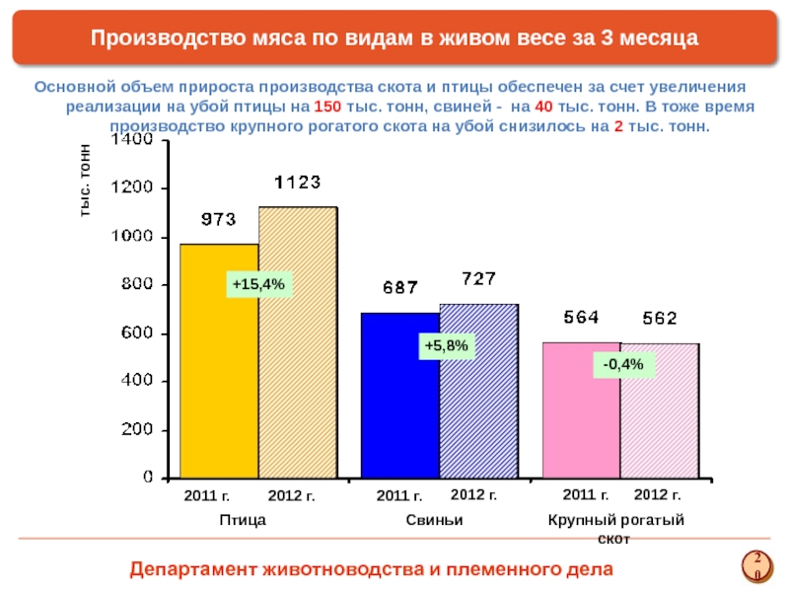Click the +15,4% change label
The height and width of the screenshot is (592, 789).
coord(257,285)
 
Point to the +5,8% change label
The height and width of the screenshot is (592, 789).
coord(446,346)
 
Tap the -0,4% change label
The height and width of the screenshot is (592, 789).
coord(623,365)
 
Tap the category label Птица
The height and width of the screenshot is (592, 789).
coord(244,519)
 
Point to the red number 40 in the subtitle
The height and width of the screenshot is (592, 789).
coord(543,107)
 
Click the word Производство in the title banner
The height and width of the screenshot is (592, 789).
coord(154,37)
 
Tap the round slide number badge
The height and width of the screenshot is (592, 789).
coord(756,565)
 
